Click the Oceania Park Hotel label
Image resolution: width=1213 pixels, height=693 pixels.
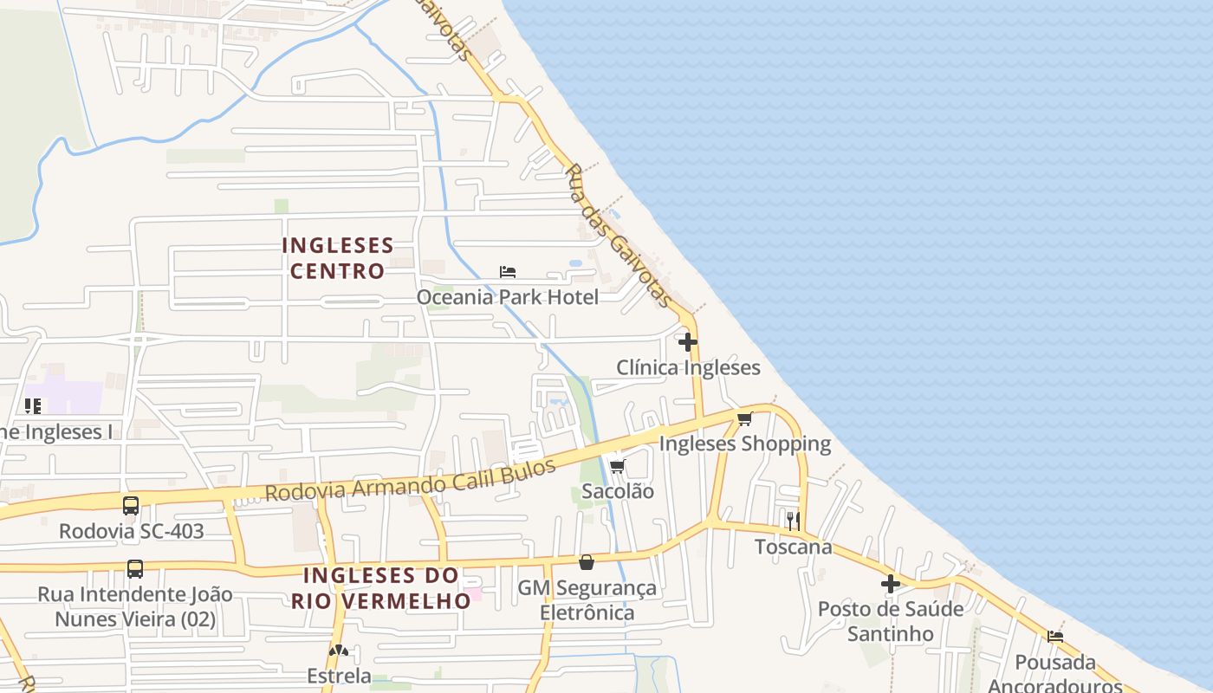pos(507,297)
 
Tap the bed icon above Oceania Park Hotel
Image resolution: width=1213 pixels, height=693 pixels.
pos(508,272)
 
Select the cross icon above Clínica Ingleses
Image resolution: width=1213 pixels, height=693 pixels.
pos(688,342)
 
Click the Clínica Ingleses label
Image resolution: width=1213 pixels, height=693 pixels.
pos(688,367)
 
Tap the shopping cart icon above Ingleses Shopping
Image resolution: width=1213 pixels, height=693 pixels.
pos(744,419)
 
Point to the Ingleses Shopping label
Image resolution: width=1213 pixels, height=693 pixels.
pos(744,444)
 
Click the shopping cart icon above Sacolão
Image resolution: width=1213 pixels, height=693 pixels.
pos(618,466)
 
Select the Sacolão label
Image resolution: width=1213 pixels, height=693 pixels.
pos(618,491)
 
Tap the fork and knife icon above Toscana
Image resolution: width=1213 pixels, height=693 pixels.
pos(793,521)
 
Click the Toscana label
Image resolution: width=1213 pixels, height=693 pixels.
pos(793,547)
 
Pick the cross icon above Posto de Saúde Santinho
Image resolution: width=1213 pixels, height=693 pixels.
pos(891,584)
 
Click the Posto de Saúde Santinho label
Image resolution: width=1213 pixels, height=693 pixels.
pos(891,621)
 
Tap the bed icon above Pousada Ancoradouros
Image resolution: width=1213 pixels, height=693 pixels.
pos(1055,636)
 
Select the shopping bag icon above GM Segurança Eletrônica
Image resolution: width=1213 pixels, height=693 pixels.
pos(587,562)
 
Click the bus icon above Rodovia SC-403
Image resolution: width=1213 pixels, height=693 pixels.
pos(131,506)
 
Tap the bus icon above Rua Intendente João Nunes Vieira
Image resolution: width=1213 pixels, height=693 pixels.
pos(135,569)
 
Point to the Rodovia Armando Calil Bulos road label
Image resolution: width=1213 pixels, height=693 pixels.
pos(410,482)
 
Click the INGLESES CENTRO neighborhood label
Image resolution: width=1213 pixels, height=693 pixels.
pos(338,258)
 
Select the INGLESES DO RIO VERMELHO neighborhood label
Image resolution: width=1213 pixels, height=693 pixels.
pos(381,588)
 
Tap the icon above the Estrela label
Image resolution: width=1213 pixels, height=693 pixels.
pos(339,651)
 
